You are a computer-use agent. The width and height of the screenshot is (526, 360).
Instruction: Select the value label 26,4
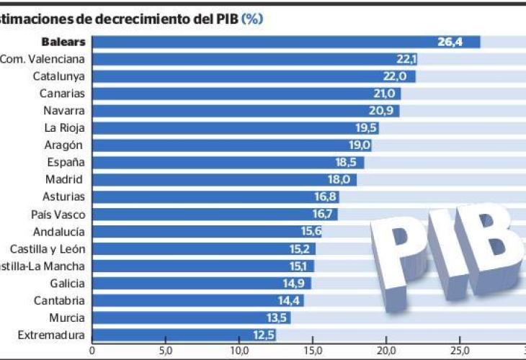(x=450, y=42)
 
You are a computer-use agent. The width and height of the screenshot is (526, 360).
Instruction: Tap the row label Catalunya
(x=59, y=76)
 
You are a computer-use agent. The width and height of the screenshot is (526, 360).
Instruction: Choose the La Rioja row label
(x=65, y=128)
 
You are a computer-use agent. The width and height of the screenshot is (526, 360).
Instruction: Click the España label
(x=66, y=162)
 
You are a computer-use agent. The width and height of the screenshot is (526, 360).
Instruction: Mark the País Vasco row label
(x=58, y=214)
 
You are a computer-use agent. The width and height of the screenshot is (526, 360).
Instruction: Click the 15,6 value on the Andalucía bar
(x=311, y=231)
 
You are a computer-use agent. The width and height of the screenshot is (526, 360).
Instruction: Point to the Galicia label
(x=68, y=283)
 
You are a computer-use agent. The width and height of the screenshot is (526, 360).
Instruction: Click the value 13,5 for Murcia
(x=278, y=318)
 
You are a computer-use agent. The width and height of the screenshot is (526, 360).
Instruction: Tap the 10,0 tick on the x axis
(x=239, y=351)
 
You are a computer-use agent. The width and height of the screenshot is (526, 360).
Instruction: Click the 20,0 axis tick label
(x=386, y=351)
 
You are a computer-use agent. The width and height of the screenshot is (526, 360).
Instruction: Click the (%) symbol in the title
(x=252, y=18)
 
